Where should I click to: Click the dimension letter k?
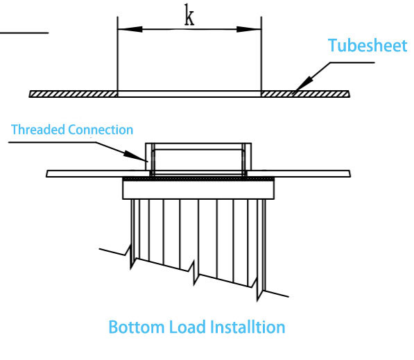click(189, 15)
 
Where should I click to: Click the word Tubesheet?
click(368, 45)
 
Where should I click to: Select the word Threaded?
click(38, 130)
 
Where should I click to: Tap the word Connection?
click(101, 130)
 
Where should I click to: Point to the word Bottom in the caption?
click(137, 327)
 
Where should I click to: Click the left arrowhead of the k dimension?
click(130, 29)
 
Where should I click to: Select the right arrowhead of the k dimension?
click(249, 29)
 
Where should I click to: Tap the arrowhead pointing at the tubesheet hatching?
click(302, 84)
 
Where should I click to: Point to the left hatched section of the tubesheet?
click(74, 94)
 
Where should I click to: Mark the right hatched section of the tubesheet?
click(306, 94)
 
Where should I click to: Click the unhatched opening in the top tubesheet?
click(189, 94)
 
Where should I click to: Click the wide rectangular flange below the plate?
click(198, 190)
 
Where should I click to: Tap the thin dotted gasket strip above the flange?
click(198, 179)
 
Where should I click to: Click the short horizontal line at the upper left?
click(24, 33)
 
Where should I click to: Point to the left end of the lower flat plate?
click(46, 174)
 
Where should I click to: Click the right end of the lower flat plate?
click(350, 174)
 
